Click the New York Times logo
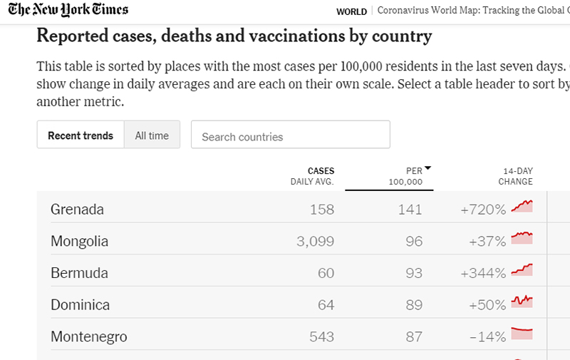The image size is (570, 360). (x=68, y=10)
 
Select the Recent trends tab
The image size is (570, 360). (x=81, y=135)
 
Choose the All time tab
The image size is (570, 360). (x=152, y=135)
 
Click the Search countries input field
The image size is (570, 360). (x=290, y=135)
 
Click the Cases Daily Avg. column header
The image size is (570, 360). (x=312, y=176)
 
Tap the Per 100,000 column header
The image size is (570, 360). (x=407, y=176)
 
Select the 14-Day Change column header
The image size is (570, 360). (x=515, y=176)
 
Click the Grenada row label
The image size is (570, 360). (x=77, y=210)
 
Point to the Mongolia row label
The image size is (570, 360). (x=79, y=242)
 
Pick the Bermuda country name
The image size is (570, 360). (x=79, y=273)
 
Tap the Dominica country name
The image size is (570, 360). (x=80, y=305)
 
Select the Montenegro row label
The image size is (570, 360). (x=88, y=337)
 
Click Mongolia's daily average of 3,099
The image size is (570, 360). (x=315, y=242)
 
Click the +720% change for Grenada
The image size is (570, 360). (x=483, y=210)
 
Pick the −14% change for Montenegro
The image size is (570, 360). (x=488, y=337)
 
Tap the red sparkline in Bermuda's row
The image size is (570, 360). (x=522, y=271)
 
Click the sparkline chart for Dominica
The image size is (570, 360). (x=522, y=302)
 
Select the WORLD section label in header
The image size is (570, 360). (x=351, y=11)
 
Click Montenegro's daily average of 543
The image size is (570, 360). (x=322, y=337)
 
